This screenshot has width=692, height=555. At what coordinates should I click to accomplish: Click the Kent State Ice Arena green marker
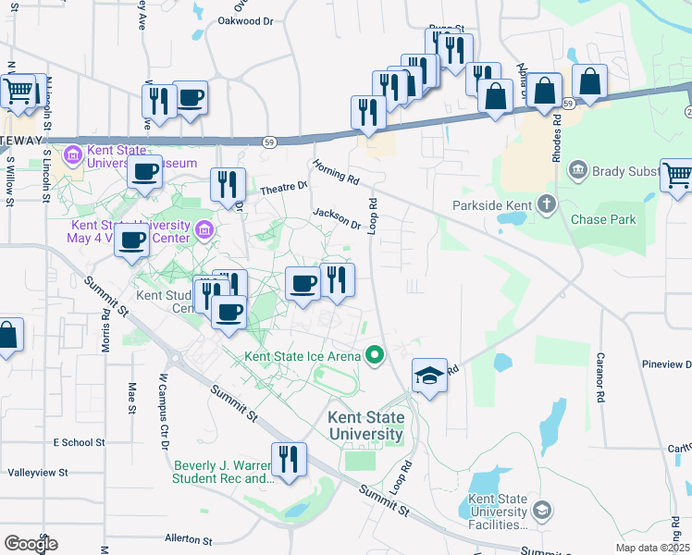[375, 354]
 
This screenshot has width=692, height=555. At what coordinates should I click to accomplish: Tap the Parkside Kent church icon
[547, 203]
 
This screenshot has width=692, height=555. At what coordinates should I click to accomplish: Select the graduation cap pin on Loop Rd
[429, 376]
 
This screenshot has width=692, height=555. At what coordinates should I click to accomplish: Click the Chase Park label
[602, 219]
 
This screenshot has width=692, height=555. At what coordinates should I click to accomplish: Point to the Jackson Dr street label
[336, 218]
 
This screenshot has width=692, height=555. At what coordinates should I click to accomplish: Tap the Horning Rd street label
[335, 170]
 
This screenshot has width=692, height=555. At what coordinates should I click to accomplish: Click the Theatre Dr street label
[283, 188]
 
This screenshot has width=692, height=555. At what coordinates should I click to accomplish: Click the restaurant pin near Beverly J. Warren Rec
[289, 459]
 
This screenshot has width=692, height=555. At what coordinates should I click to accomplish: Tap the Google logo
[30, 543]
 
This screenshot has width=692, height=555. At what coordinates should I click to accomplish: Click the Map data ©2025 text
[651, 548]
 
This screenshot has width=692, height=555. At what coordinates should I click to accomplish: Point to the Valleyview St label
[38, 472]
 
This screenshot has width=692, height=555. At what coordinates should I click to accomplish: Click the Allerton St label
[189, 538]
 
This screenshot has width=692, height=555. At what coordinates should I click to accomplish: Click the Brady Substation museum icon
[578, 170]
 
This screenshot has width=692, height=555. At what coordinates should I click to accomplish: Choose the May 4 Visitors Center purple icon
[204, 228]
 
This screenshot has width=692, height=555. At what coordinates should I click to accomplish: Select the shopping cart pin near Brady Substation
[676, 174]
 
